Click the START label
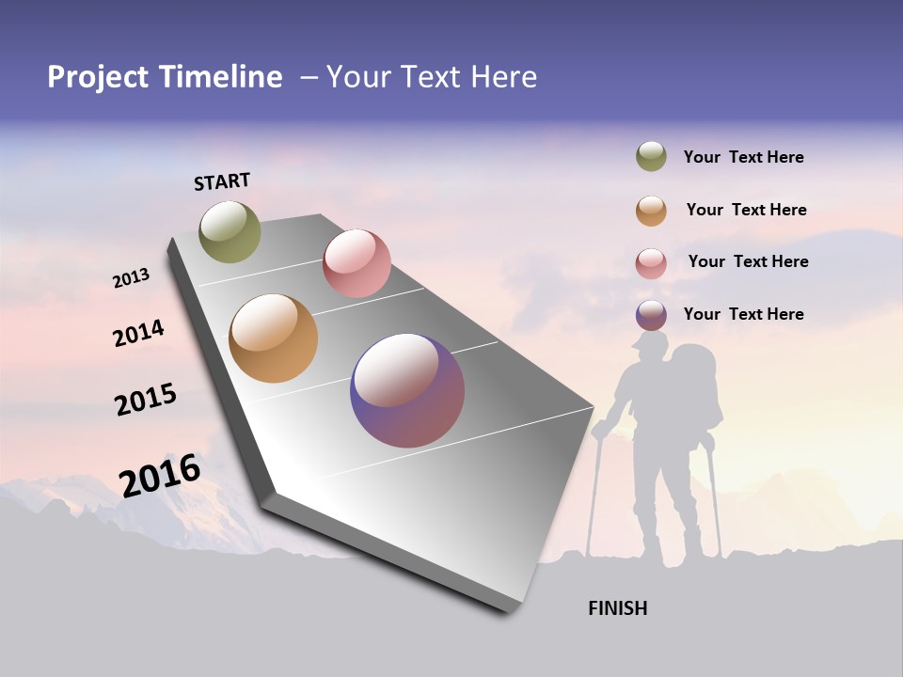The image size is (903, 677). [222, 181]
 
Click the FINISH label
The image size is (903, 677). [617, 608]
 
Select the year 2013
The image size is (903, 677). [131, 278]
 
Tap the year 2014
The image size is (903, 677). [138, 333]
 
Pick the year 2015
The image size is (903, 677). [146, 400]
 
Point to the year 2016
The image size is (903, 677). [160, 476]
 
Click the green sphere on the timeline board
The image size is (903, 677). [230, 231]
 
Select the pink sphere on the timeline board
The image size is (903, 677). [356, 263]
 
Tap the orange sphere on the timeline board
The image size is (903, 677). [273, 338]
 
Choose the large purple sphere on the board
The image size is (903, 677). [407, 390]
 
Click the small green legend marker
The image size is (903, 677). [651, 157]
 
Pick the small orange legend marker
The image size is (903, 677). [651, 211]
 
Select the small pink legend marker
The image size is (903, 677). [651, 263]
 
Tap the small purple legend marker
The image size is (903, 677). [651, 315]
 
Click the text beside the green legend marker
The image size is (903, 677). [743, 157]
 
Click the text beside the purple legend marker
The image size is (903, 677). [743, 314]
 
